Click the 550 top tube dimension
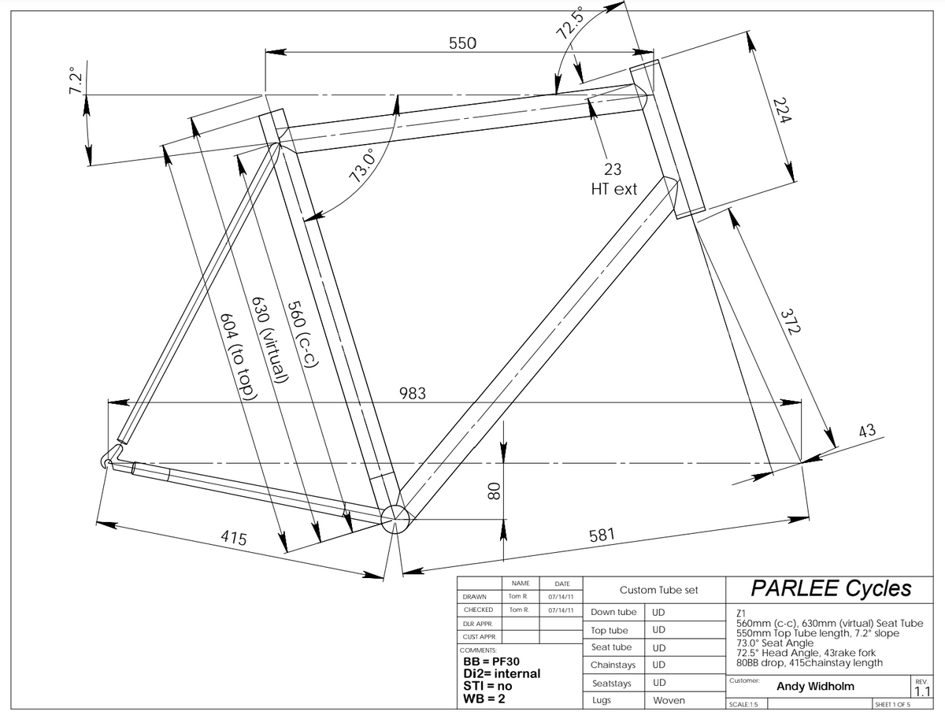[x=462, y=43]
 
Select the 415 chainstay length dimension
[x=233, y=539]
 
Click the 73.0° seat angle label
[x=365, y=163]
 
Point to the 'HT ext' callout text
[x=614, y=189]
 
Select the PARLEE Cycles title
[x=831, y=588]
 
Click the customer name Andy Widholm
[x=815, y=687]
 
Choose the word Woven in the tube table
[x=669, y=700]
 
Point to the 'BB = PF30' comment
[x=493, y=662]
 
